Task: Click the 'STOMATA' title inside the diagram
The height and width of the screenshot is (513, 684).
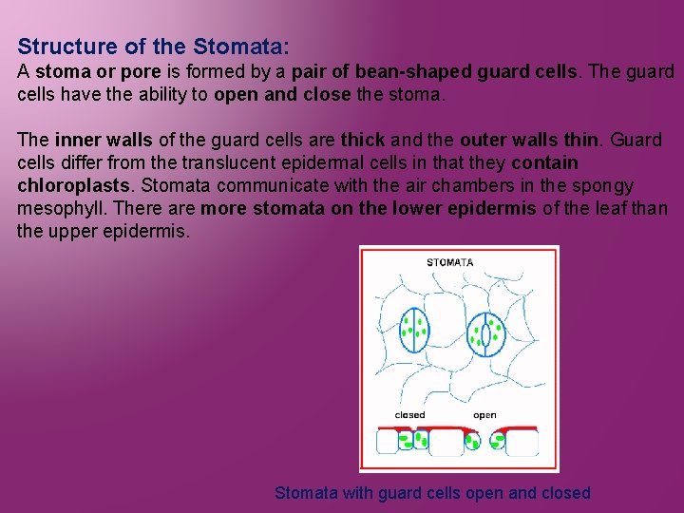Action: click(x=449, y=262)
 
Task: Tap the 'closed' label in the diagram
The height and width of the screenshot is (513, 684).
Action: click(x=409, y=415)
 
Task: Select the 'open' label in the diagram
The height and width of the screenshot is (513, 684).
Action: click(x=484, y=415)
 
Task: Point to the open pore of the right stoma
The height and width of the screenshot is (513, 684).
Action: click(x=488, y=334)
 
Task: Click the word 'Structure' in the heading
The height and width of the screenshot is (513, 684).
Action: click(x=63, y=47)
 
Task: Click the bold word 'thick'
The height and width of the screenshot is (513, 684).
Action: click(x=362, y=141)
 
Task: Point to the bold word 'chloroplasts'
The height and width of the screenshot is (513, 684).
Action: click(x=71, y=185)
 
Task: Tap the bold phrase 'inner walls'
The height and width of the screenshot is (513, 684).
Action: click(x=103, y=141)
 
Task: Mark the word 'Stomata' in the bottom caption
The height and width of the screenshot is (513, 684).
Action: click(x=305, y=493)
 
